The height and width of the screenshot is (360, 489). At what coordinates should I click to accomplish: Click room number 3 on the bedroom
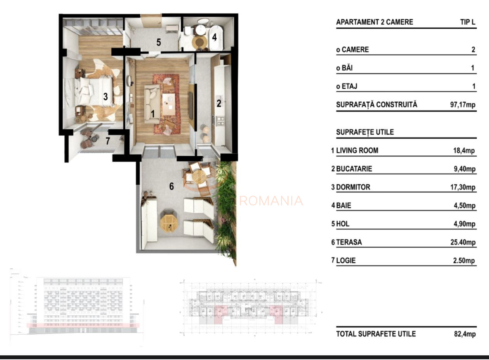105,97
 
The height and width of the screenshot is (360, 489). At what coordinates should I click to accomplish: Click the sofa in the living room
151,104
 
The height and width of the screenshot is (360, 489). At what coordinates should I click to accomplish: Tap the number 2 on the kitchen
219,103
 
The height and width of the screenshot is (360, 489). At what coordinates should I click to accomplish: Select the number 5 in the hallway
158,42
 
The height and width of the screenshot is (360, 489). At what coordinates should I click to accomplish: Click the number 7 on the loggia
108,141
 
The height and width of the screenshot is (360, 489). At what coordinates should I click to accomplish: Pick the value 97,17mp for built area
463,105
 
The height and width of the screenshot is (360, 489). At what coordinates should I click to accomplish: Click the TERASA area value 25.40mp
464,242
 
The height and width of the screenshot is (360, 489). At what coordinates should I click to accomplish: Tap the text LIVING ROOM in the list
357,151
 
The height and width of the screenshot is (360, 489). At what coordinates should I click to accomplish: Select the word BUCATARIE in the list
354,169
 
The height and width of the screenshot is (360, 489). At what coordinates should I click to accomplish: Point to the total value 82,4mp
465,334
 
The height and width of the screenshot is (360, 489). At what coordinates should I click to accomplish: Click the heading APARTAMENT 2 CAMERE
374,22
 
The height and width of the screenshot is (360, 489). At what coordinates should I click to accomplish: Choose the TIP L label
467,22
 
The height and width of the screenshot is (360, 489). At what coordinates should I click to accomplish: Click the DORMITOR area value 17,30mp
464,187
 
